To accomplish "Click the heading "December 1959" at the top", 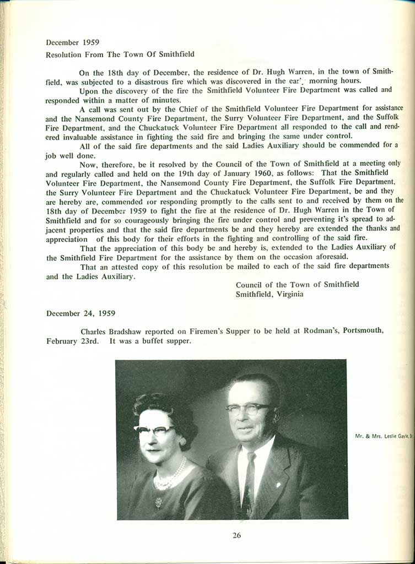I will point(68,42).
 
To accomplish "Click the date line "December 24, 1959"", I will point(80,313).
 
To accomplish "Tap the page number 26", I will point(236,534).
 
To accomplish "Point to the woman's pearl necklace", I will point(169,474).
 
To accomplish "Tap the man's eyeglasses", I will point(249,409).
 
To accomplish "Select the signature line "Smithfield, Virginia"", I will point(270,294).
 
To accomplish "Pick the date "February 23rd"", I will point(74,341).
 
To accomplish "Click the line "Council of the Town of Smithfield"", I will point(297,284).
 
